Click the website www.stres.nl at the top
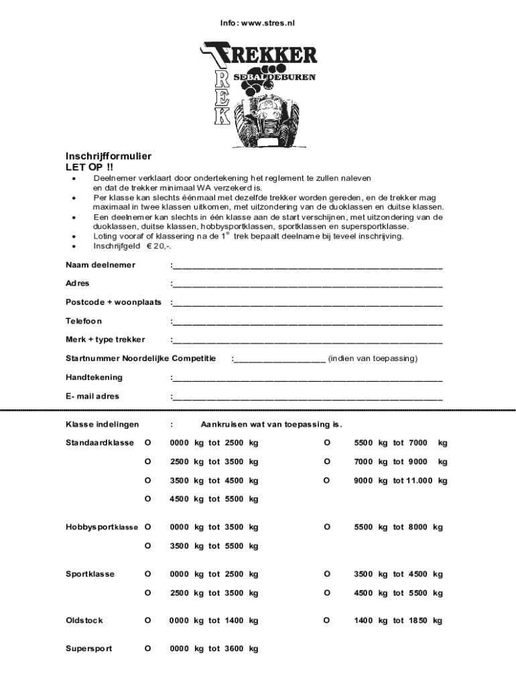click(x=268, y=23)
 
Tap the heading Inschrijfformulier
click(x=108, y=156)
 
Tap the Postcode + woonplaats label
click(x=113, y=302)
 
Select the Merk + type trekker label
click(x=105, y=340)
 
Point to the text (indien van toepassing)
click(x=373, y=358)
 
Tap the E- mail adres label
click(x=92, y=396)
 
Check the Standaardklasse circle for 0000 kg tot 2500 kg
click(x=147, y=443)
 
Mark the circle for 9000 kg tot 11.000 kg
click(x=327, y=480)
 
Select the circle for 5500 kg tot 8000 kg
click(x=327, y=527)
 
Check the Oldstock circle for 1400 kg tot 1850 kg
click(x=327, y=620)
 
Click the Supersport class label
click(x=88, y=648)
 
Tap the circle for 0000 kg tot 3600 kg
click(x=147, y=648)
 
